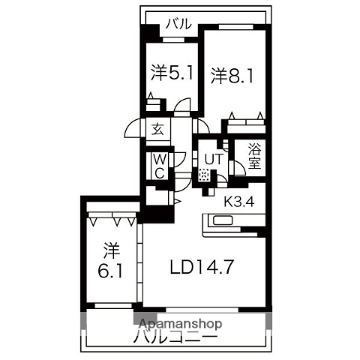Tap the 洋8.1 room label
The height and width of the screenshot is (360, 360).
tap(229, 75)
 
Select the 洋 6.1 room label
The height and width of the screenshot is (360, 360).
tap(110, 259)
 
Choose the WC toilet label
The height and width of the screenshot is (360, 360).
tap(160, 164)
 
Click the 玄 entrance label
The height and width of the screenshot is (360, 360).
tap(159, 129)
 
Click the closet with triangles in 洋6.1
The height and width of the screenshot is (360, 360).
tap(111, 220)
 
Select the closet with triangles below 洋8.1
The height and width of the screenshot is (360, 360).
tap(244, 117)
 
